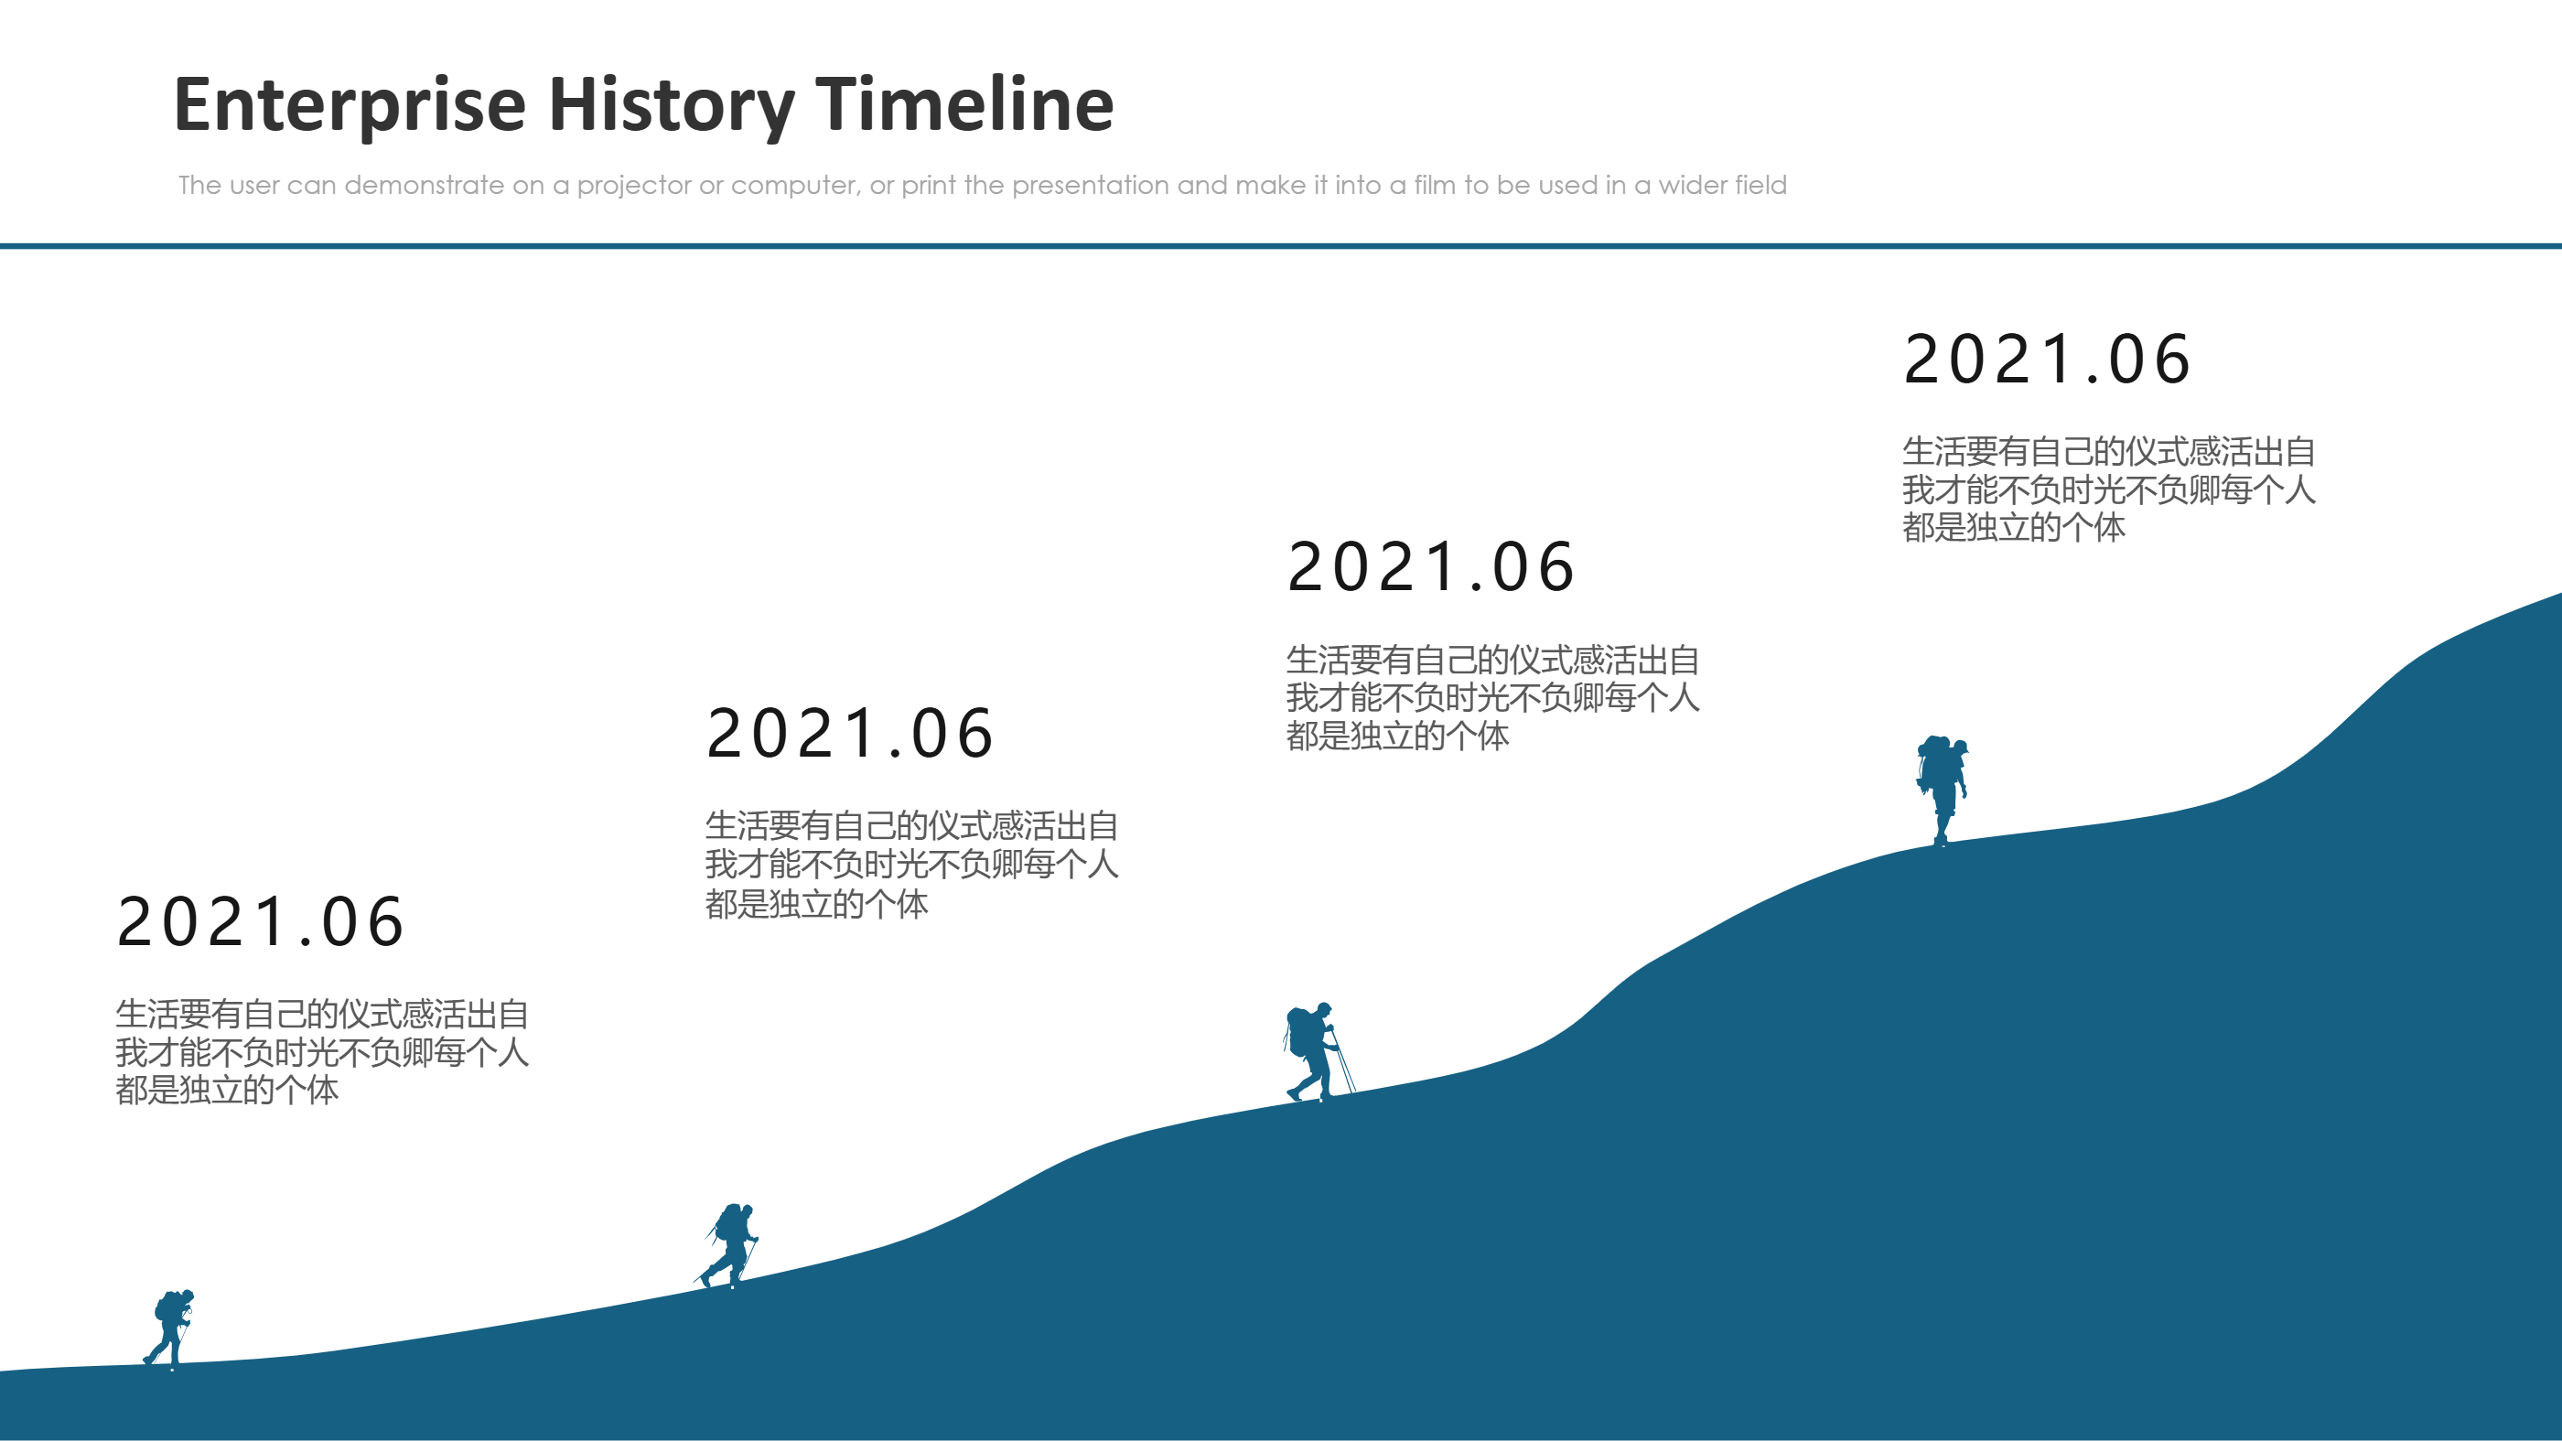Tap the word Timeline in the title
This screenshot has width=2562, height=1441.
964,105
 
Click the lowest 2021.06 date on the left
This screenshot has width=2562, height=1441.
261,922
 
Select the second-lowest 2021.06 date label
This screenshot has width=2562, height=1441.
850,734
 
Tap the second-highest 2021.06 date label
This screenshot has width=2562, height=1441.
1431,567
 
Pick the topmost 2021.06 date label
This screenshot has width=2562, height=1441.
2047,359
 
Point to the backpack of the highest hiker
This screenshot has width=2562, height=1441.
1932,762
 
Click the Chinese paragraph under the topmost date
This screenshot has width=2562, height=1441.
2108,489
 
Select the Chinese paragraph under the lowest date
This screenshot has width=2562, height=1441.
321,1052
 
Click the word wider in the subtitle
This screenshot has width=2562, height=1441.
1692,186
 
